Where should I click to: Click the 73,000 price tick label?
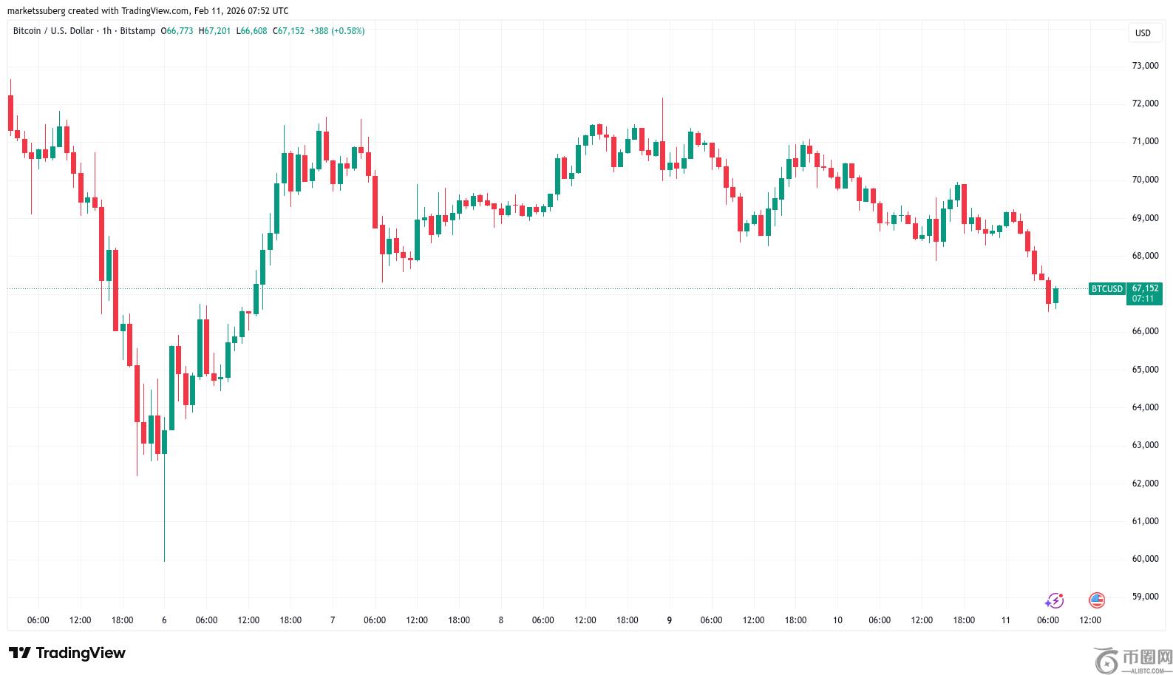tap(1145, 66)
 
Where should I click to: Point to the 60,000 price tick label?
tap(1145, 559)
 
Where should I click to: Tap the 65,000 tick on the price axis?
tap(1145, 370)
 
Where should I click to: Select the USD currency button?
tap(1143, 33)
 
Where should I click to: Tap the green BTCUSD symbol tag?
tap(1106, 289)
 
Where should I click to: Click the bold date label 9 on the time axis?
tap(669, 620)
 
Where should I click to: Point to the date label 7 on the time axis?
tap(333, 620)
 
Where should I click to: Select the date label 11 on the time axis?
tap(1005, 620)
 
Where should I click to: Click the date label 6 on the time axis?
tap(164, 620)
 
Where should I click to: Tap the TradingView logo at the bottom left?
tap(67, 653)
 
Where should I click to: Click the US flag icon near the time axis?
tap(1097, 600)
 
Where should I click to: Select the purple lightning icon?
tap(1055, 600)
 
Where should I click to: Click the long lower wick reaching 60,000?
tap(164, 518)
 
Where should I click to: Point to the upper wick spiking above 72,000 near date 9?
tap(662, 111)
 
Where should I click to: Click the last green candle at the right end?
tap(1055, 296)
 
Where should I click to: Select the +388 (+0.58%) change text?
tap(337, 31)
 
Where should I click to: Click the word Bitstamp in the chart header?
tap(138, 31)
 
